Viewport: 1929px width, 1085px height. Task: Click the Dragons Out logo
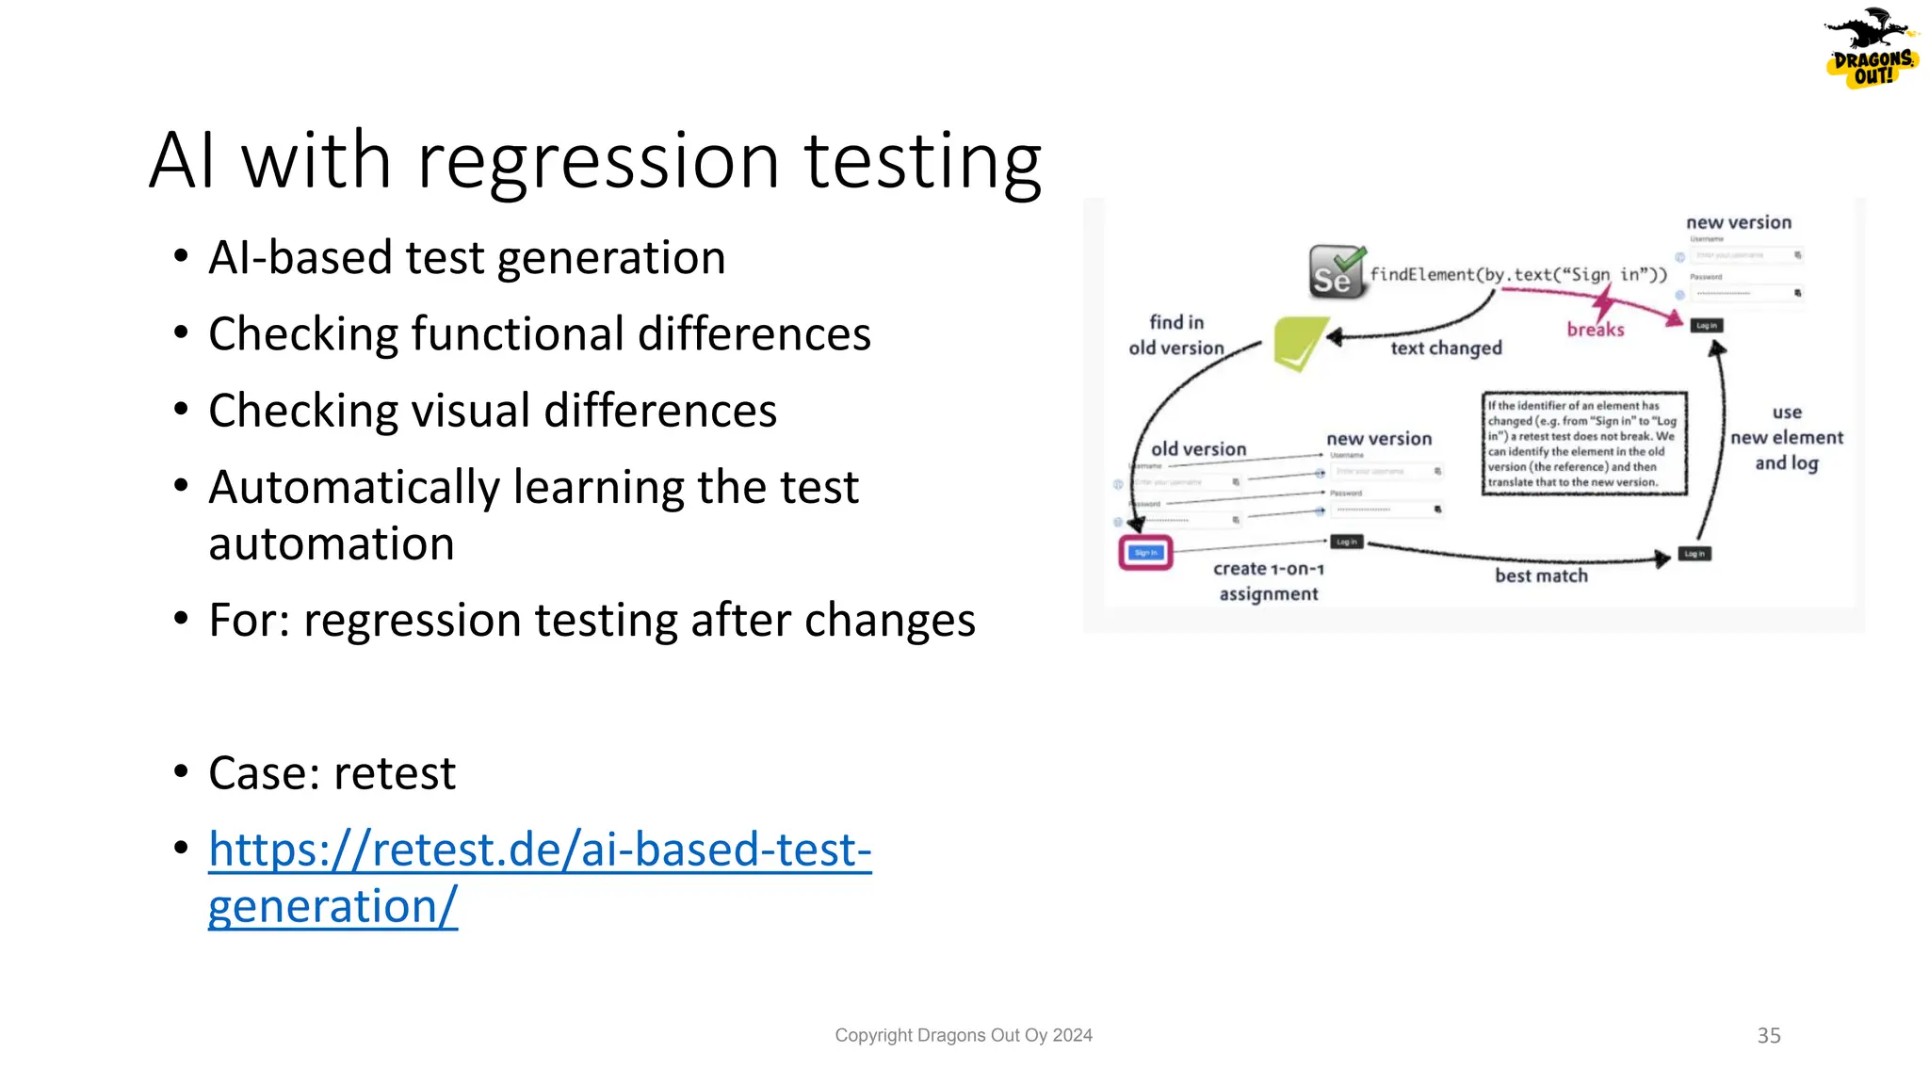point(1872,49)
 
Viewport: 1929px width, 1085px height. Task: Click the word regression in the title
point(598,162)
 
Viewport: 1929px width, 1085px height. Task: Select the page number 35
point(1768,1035)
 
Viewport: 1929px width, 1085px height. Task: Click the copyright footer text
point(963,1035)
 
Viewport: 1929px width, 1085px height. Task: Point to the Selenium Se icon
point(1335,272)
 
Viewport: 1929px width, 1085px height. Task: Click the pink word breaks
point(1595,330)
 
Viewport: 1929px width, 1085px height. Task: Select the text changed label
point(1446,348)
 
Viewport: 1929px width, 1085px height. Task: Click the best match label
point(1541,575)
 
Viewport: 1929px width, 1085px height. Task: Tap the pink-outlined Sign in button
point(1145,553)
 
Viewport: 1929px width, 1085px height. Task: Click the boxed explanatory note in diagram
point(1583,444)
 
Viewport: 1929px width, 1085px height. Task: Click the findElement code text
point(1517,274)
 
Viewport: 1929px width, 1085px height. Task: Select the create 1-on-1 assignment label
point(1268,581)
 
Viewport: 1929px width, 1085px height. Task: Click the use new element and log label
point(1786,438)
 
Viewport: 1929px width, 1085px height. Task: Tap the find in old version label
point(1175,335)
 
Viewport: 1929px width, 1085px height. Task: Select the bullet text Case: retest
point(332,773)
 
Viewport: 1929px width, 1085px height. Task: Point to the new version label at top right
point(1738,222)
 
